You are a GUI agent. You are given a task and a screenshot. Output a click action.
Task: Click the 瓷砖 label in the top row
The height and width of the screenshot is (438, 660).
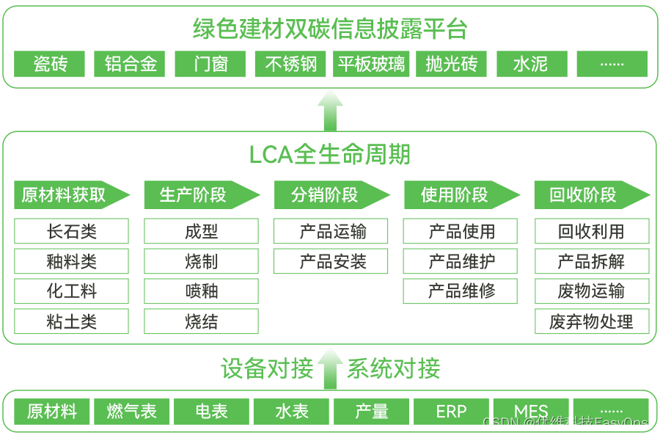[x=51, y=65]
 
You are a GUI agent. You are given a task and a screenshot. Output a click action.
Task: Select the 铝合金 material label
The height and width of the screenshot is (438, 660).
[x=131, y=65]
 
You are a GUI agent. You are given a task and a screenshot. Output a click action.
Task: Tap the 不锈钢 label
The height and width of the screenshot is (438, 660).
[x=291, y=65]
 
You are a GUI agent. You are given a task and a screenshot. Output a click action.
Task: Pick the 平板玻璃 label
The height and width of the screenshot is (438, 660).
[x=371, y=65]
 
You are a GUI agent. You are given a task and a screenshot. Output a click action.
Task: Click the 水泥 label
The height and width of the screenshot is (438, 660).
[x=530, y=65]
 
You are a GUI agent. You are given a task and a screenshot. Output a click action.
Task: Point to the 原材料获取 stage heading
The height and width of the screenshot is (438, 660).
[x=64, y=195]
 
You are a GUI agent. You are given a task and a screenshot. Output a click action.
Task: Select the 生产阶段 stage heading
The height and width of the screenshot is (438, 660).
[x=193, y=195]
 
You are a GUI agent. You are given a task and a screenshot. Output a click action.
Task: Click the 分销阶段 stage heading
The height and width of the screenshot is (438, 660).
[x=324, y=195]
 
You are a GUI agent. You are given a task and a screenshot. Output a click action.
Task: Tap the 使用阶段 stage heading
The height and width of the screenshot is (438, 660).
[x=454, y=195]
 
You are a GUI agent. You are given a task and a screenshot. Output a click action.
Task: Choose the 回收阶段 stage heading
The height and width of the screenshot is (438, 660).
[x=583, y=195]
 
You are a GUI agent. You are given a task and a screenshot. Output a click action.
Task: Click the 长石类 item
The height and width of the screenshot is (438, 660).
[x=71, y=233]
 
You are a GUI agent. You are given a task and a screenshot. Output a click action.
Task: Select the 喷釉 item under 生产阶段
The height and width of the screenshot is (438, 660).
[x=202, y=292]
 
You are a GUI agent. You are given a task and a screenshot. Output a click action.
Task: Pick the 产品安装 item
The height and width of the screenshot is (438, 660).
[x=333, y=262]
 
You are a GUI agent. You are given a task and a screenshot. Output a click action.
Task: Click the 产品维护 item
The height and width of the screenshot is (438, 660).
[x=462, y=262]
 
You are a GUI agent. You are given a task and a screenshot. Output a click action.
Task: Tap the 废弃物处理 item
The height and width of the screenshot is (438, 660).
[x=591, y=322]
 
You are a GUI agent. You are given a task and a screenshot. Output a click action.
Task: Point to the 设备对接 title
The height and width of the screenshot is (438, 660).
[x=268, y=368]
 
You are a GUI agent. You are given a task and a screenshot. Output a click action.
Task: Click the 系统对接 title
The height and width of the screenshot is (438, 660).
[x=393, y=368]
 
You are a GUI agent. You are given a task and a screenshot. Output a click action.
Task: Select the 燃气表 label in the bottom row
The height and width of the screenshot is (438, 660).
[x=132, y=412]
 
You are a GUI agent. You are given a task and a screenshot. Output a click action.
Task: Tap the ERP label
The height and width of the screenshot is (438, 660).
[x=451, y=412]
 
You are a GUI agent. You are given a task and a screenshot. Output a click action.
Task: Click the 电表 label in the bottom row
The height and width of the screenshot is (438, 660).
[x=211, y=412]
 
